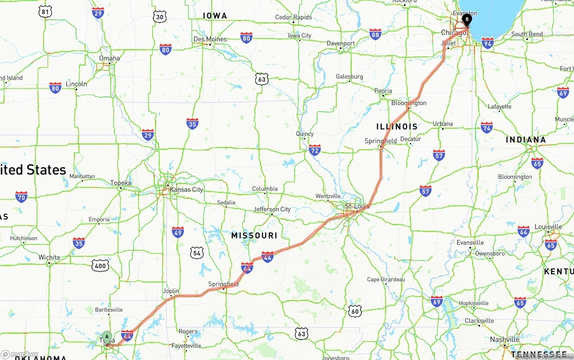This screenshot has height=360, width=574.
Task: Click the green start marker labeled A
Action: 107,337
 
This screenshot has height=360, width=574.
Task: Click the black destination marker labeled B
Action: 467,19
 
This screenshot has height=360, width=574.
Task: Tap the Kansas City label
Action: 186,190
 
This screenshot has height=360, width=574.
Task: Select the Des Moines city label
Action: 210,39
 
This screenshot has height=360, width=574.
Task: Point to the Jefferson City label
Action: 272,209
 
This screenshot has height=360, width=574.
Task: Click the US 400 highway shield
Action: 100,266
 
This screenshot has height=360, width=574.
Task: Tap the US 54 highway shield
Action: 196,253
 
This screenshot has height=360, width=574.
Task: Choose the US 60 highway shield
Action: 355,311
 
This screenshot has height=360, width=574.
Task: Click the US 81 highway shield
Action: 45,12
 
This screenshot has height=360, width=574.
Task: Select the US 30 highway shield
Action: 160,17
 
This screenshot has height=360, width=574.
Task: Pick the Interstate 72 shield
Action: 315,151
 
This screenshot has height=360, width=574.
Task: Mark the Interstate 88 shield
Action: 375,34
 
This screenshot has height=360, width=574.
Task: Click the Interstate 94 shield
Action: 487,43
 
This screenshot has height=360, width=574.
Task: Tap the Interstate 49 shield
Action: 178,232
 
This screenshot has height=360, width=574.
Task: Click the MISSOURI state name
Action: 254,235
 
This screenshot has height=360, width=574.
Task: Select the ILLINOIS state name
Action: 397,126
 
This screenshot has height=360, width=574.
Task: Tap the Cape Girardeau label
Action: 386,279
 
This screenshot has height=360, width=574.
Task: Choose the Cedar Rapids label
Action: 293,17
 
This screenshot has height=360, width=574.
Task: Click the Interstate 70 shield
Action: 21,196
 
